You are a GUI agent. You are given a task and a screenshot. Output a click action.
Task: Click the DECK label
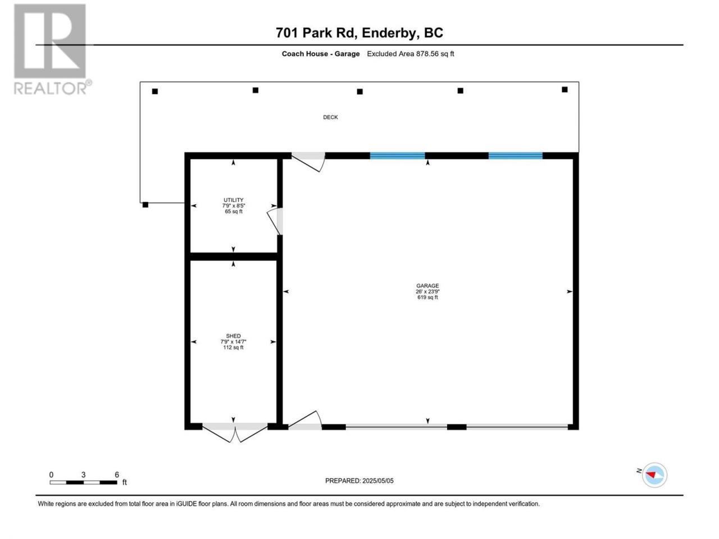[x=330, y=117]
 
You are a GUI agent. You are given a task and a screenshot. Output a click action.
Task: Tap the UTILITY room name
[x=233, y=200]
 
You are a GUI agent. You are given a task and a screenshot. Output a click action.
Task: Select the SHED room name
[x=233, y=336]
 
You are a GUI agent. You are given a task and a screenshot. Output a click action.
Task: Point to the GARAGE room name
[x=427, y=286]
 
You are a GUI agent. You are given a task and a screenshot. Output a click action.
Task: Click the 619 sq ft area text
[x=427, y=297]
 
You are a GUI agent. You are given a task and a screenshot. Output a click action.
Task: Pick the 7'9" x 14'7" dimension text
[x=233, y=342]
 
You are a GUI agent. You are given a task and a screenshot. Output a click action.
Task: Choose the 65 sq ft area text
[x=234, y=212]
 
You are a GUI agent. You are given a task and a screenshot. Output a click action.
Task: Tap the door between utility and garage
[x=275, y=221]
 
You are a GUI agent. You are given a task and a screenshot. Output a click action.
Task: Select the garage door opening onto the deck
[x=308, y=162]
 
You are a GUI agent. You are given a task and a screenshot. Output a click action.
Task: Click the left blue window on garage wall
[x=397, y=156]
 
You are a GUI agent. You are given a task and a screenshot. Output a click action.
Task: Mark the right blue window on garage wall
[x=515, y=156]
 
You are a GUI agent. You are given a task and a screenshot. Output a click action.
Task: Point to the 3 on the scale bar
[x=83, y=474]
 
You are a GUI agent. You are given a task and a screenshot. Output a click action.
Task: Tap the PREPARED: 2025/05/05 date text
[x=359, y=481]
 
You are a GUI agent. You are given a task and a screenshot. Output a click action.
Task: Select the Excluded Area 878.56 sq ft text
[x=411, y=54]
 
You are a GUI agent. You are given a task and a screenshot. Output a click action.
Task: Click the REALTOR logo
[x=52, y=49]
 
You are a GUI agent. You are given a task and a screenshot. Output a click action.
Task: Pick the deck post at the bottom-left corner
[x=145, y=205]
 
